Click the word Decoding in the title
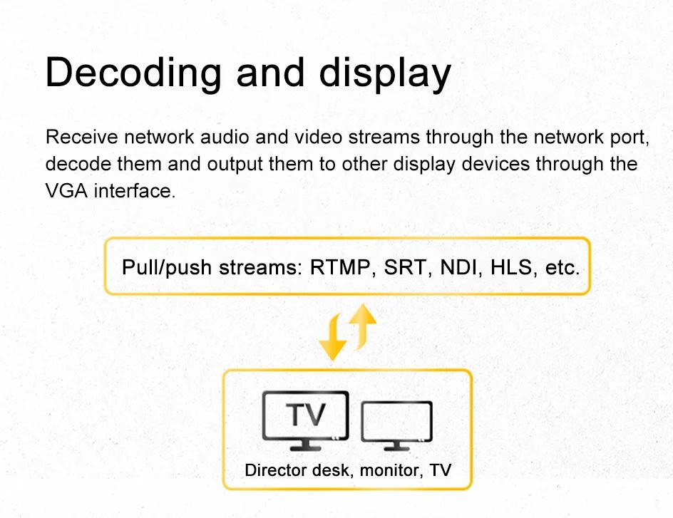click(x=133, y=73)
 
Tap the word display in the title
click(x=385, y=74)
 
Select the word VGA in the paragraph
click(x=66, y=191)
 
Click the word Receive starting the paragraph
click(x=81, y=138)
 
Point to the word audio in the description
click(x=225, y=138)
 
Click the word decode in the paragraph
click(x=78, y=164)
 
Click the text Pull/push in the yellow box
click(x=167, y=268)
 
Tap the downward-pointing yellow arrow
click(x=334, y=337)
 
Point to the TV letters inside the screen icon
click(x=306, y=415)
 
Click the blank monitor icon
click(x=396, y=425)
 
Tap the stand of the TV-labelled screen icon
click(x=306, y=445)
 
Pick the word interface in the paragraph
click(x=135, y=191)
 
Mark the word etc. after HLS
click(x=562, y=268)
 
